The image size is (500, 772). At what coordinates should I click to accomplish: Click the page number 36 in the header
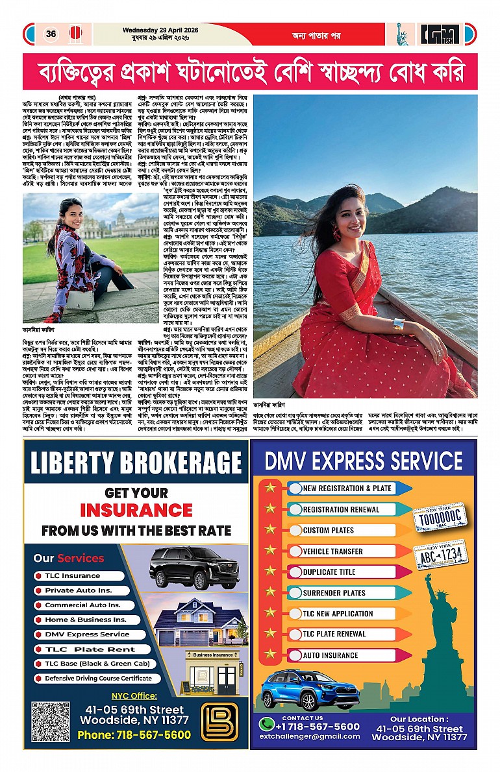tap(51, 34)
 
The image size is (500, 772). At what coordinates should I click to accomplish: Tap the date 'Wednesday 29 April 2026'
tap(160, 30)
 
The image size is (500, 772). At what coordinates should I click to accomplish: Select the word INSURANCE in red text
tap(136, 510)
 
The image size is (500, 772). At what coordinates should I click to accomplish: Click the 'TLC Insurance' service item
tap(72, 575)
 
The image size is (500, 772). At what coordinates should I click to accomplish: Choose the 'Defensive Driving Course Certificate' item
tap(98, 678)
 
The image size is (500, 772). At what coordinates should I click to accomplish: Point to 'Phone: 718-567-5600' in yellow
tap(134, 735)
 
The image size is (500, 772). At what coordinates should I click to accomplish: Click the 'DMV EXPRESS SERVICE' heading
tap(363, 461)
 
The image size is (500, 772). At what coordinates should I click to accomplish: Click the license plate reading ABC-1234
tap(441, 555)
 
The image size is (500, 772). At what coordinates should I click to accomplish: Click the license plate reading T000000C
tap(441, 516)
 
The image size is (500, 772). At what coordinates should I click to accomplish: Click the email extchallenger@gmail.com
tap(309, 736)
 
